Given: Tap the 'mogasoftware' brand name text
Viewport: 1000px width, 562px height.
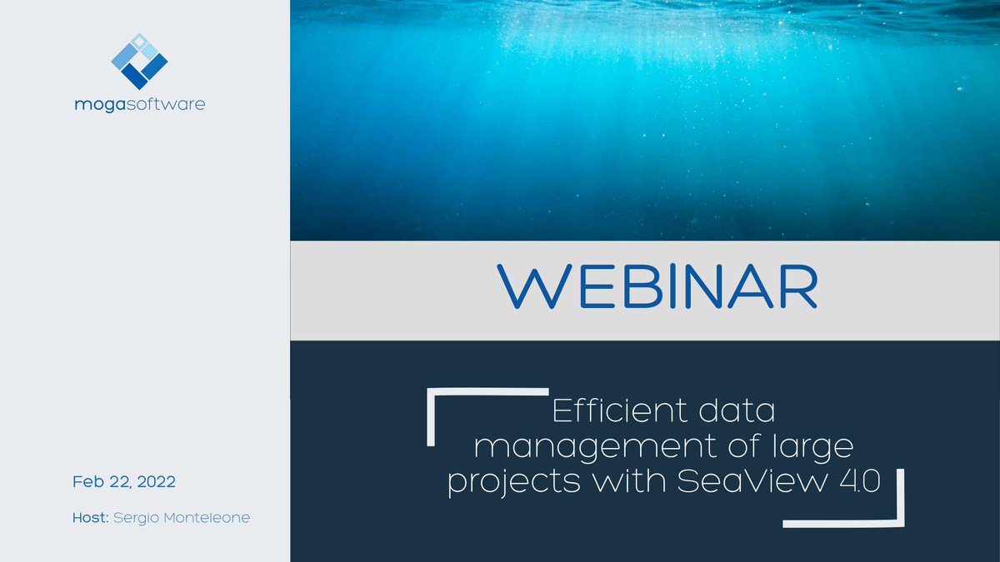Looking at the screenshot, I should tap(139, 105).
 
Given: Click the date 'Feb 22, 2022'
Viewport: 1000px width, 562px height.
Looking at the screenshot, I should tap(124, 482).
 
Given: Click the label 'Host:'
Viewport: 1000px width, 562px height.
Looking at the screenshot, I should tap(91, 518).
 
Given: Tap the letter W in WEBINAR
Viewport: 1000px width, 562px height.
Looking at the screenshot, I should tap(532, 287).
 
